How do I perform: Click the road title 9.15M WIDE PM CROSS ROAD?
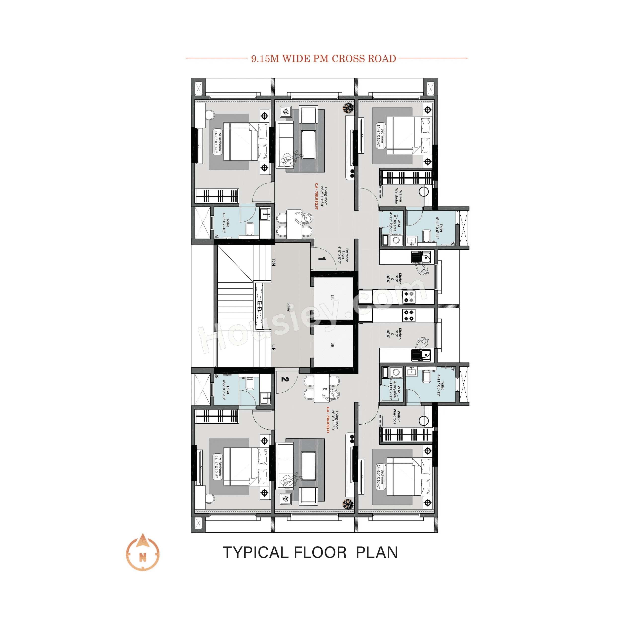pyautogui.click(x=323, y=59)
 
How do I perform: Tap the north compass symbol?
pyautogui.click(x=143, y=555)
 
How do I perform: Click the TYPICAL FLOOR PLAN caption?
pyautogui.click(x=310, y=552)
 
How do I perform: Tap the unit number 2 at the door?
pyautogui.click(x=285, y=379)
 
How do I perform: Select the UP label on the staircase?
pyautogui.click(x=273, y=347)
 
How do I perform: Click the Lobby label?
pyautogui.click(x=288, y=307)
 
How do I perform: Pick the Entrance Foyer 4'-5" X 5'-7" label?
pyautogui.click(x=343, y=255)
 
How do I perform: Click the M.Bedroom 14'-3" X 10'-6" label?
pyautogui.click(x=218, y=142)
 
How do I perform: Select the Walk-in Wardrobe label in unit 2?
pyautogui.click(x=396, y=417)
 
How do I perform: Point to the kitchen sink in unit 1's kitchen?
pyautogui.click(x=421, y=258)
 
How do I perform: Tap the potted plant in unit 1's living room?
pyautogui.click(x=348, y=108)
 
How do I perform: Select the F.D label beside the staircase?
pyautogui.click(x=259, y=306)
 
